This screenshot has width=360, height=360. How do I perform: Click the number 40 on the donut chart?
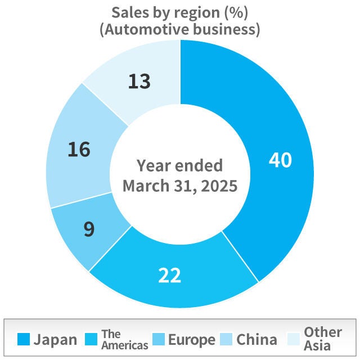tap(280, 160)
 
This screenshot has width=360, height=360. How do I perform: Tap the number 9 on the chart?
tap(89, 229)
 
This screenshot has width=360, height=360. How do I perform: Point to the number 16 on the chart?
tap(79, 150)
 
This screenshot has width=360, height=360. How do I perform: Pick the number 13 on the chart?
tap(139, 82)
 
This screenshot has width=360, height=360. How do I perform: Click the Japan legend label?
tap(55, 340)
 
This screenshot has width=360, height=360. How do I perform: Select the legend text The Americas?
tap(125, 340)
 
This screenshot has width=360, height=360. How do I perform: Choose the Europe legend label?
tap(192, 340)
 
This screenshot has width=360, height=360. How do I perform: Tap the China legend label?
tap(256, 340)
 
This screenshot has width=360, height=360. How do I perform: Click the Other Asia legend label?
tap(323, 339)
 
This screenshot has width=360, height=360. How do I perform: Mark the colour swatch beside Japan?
tap(23, 340)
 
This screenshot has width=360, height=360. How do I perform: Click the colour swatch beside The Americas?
tap(92, 340)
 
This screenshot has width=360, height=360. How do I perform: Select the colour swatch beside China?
tap(227, 340)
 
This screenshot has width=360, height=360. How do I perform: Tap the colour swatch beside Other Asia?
tap(293, 340)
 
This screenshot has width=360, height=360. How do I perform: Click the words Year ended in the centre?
tap(180, 165)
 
